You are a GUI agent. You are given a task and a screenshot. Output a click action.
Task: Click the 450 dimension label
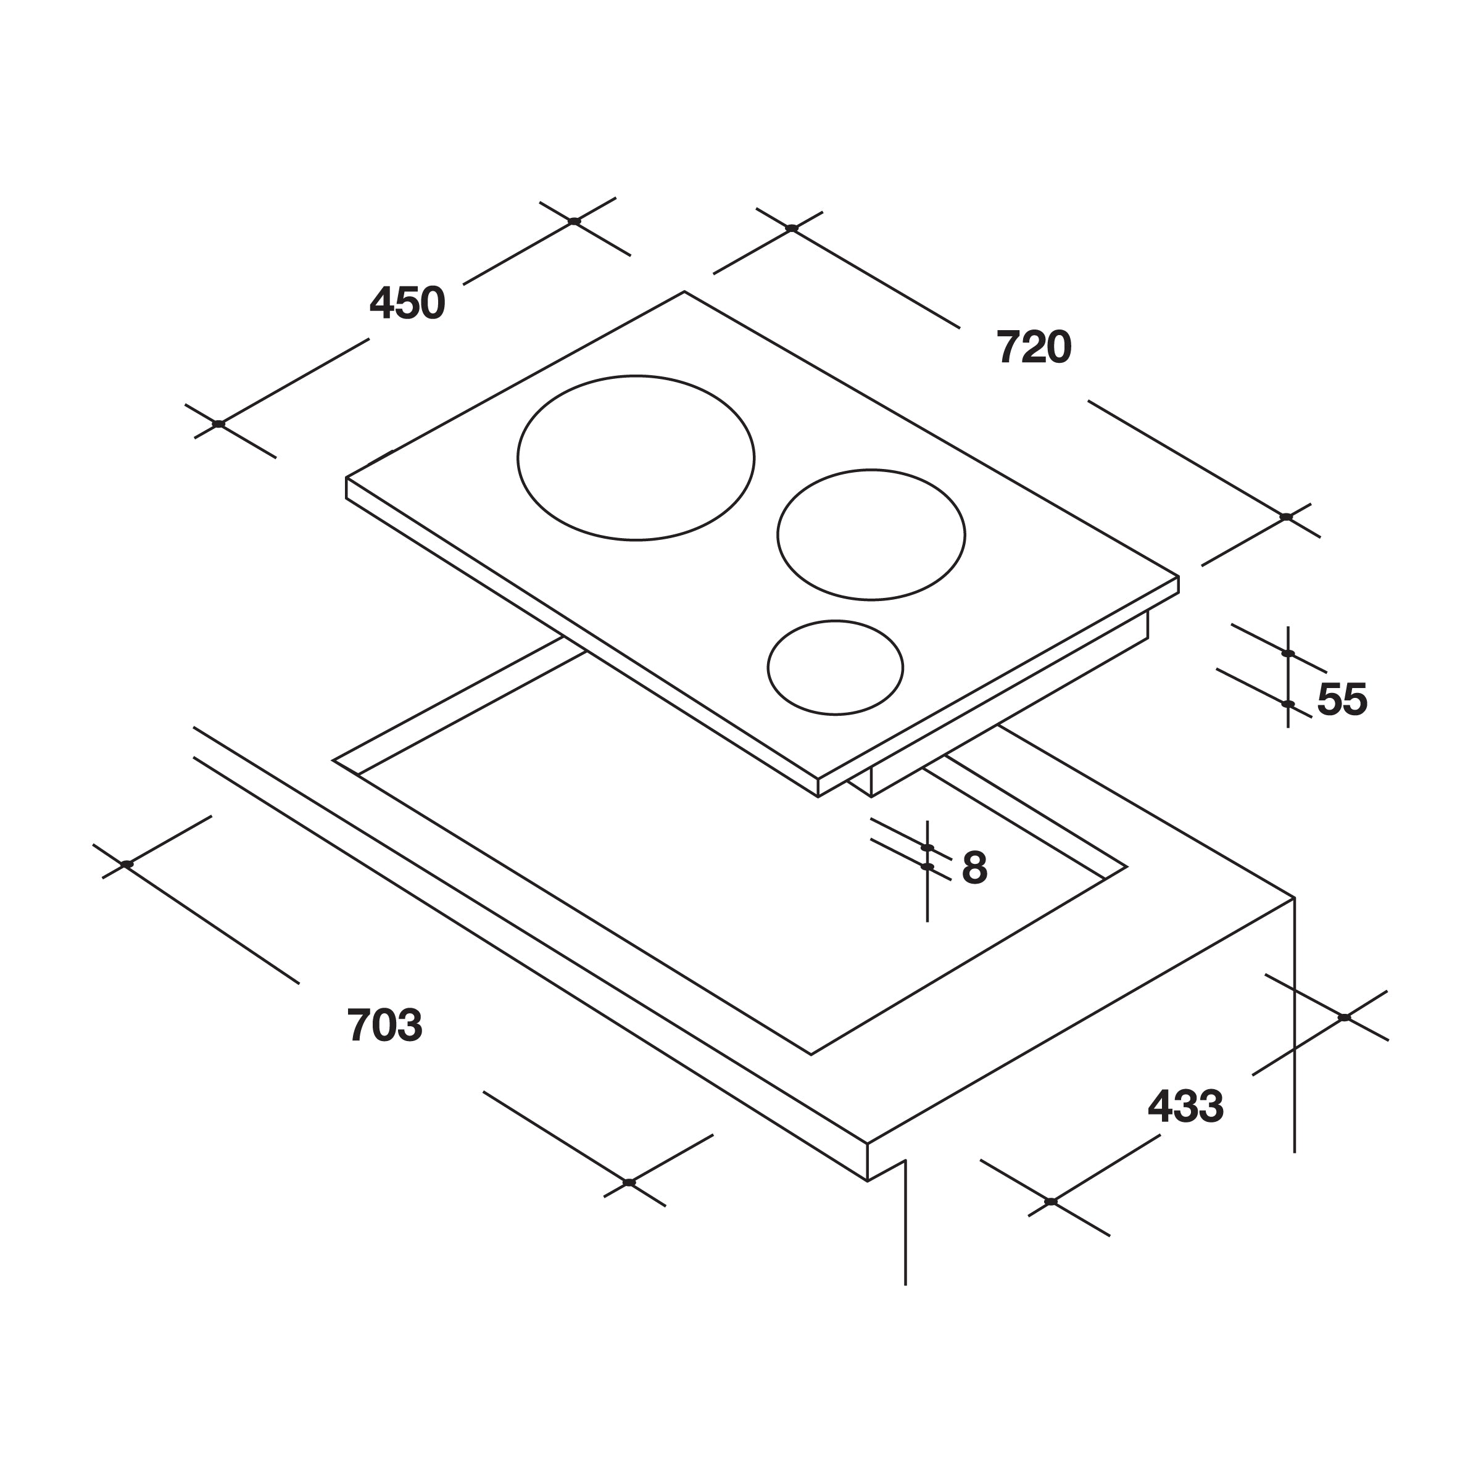tap(407, 303)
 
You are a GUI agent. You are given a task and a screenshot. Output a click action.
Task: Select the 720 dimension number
tap(1034, 347)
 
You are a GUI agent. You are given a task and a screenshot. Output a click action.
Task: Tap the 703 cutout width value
tap(385, 1025)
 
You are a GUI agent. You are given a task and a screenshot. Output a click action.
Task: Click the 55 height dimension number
tap(1342, 699)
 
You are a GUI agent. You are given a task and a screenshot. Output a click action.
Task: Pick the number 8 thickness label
tap(974, 868)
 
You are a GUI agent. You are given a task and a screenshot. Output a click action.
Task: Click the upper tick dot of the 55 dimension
tap(1288, 653)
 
